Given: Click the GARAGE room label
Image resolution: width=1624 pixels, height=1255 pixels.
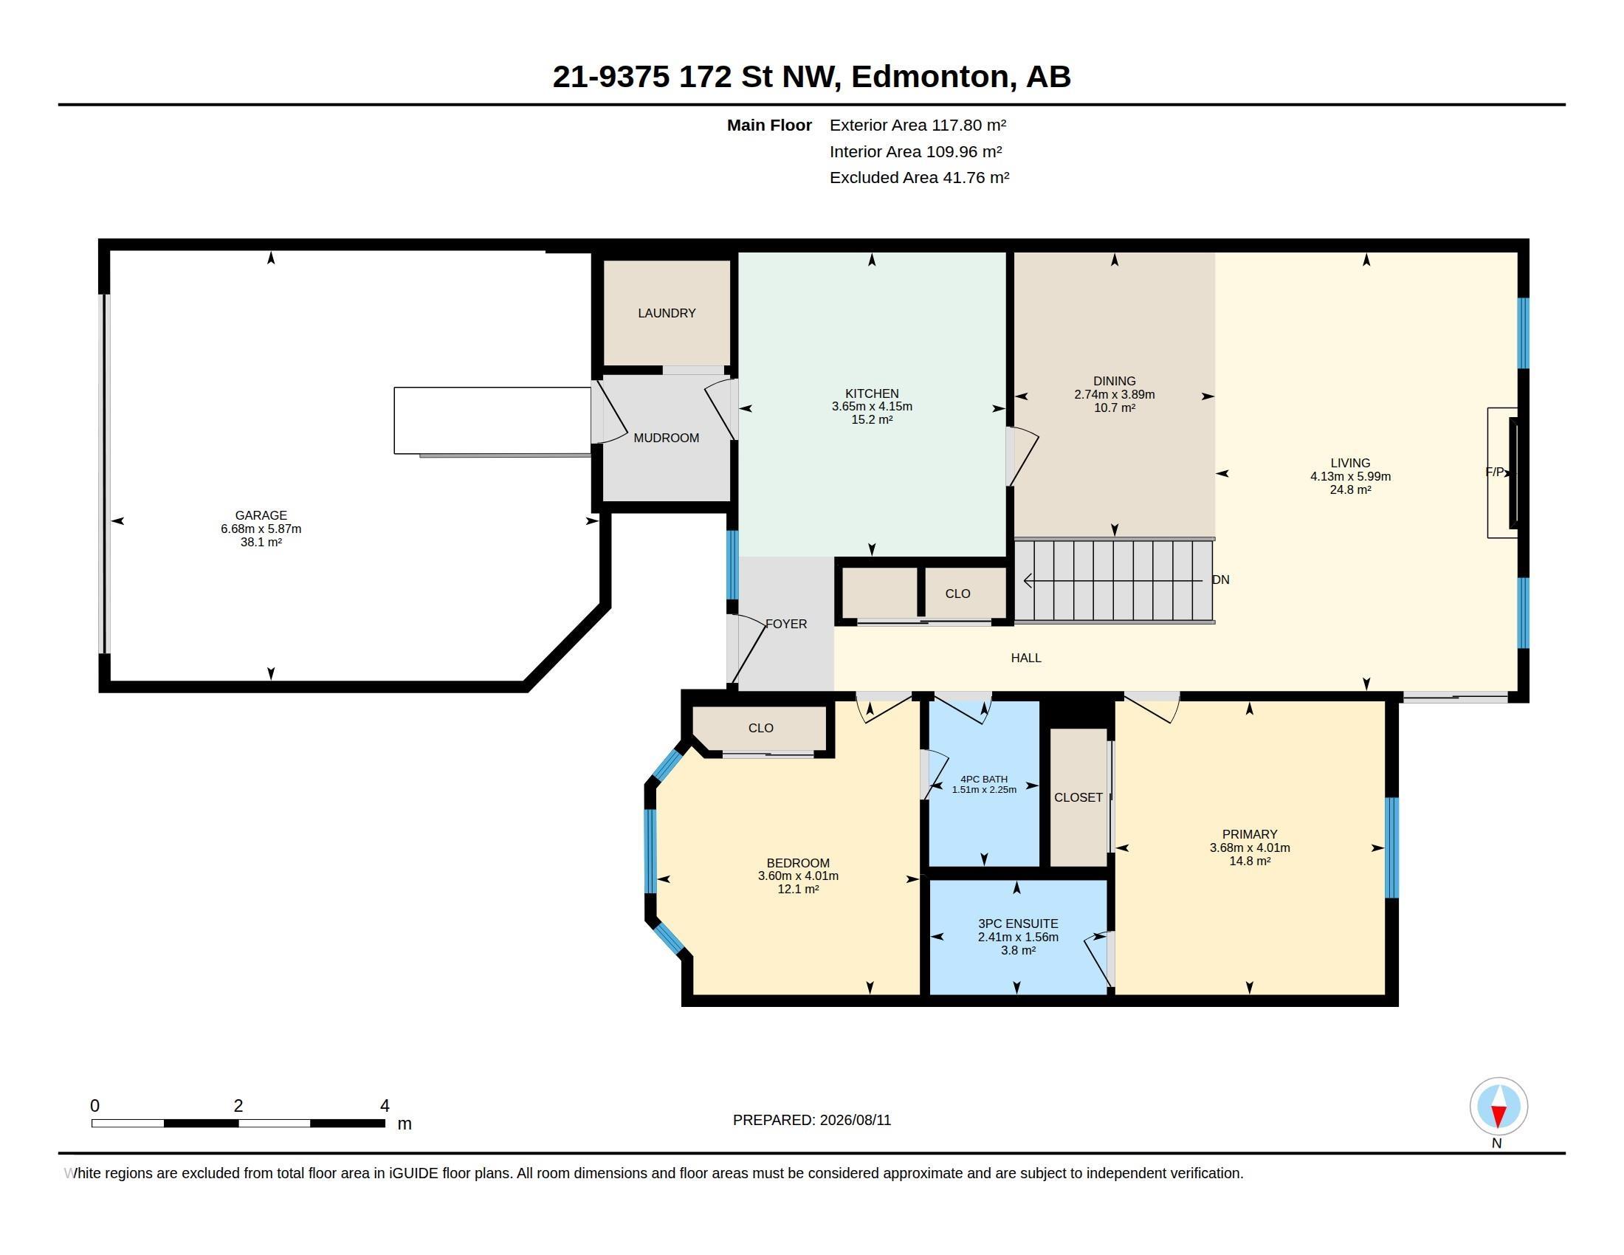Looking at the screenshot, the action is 261,515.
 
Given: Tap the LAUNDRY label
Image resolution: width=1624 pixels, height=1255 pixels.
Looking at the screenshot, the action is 667,313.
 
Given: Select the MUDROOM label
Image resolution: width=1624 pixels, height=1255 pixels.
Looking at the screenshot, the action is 667,438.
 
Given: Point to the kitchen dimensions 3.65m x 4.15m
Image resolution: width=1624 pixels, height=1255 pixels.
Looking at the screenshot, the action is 873,407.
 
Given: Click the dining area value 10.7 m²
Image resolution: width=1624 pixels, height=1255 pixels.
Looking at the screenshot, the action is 1115,408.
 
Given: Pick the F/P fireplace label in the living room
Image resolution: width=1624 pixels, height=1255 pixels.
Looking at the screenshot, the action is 1494,472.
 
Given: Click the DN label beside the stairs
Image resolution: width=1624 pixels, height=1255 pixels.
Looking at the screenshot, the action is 1221,580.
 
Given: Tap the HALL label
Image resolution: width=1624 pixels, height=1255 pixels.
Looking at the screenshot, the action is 1026,657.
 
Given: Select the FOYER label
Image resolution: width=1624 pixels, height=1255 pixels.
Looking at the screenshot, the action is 786,624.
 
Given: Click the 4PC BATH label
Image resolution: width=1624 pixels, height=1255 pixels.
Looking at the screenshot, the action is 984,779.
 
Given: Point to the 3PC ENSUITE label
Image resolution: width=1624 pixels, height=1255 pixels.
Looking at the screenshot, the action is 1018,924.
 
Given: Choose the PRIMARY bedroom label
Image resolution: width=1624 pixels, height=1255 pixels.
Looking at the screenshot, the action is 1249,834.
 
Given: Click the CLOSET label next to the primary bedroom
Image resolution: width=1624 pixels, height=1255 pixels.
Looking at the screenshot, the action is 1078,797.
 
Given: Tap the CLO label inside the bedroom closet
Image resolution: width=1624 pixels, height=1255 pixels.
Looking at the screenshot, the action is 760,728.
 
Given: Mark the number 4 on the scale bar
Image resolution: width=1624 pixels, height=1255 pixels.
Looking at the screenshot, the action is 385,1106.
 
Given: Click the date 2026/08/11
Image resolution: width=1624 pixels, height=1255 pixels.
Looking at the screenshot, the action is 855,1120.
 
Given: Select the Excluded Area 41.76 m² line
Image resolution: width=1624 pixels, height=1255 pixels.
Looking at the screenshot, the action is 919,177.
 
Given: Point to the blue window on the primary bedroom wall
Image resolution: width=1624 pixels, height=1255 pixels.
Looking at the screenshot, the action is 1392,847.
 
